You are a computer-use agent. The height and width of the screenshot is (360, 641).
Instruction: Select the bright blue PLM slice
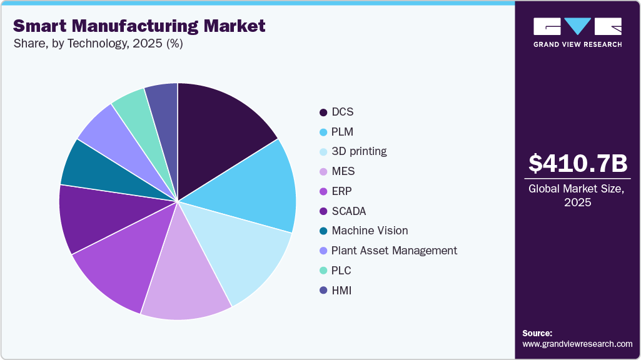tap(256, 187)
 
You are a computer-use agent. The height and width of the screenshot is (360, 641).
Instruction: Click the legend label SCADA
tap(348, 211)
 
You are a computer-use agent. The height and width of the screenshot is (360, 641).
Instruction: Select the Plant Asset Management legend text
tap(394, 251)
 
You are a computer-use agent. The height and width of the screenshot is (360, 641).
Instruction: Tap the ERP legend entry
tap(342, 191)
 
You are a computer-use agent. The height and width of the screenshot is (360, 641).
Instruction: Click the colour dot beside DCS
tap(323, 112)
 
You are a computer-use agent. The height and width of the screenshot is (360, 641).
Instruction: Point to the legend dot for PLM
tap(323, 132)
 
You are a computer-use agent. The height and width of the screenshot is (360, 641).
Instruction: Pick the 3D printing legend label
tap(359, 151)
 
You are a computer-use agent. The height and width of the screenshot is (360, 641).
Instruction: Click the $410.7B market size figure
tap(577, 164)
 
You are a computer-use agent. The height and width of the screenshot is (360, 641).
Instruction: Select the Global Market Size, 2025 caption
tap(577, 196)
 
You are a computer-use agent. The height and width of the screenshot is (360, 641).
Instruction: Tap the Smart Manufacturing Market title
tap(139, 26)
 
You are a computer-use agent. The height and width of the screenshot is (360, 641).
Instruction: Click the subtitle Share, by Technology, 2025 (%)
tap(98, 44)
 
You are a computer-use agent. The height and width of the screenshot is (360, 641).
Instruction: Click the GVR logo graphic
tap(577, 26)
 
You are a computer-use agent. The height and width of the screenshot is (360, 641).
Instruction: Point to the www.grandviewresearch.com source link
tap(577, 344)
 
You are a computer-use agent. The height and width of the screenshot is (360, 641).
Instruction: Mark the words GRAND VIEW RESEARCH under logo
tap(577, 44)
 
